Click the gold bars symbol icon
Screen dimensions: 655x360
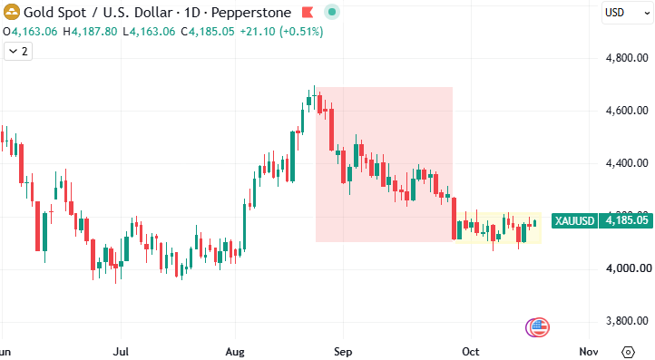[x=11, y=12]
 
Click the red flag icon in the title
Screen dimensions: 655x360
[x=308, y=13]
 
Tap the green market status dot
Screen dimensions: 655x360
[x=332, y=12]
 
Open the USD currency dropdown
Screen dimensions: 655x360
[x=628, y=13]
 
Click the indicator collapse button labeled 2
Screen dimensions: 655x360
[x=18, y=52]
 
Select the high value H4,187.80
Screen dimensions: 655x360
[x=90, y=32]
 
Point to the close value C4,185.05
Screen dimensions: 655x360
[x=208, y=32]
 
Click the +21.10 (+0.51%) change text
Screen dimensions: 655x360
[x=281, y=32]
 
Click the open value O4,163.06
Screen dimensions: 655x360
[x=30, y=32]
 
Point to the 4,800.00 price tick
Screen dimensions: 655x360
[x=627, y=58]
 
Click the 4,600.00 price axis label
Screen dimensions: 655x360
[x=627, y=111]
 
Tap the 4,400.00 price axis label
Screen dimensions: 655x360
[x=627, y=163]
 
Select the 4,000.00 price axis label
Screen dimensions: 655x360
[x=629, y=268]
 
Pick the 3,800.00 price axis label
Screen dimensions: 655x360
[x=627, y=321]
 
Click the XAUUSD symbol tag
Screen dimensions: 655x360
[x=575, y=220]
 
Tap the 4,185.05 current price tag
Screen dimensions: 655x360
[x=626, y=220]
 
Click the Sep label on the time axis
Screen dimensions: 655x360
[x=343, y=352]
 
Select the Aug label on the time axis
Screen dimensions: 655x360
[x=235, y=352]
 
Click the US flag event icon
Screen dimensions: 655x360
[x=539, y=327]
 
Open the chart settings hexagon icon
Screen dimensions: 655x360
[x=629, y=352]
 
